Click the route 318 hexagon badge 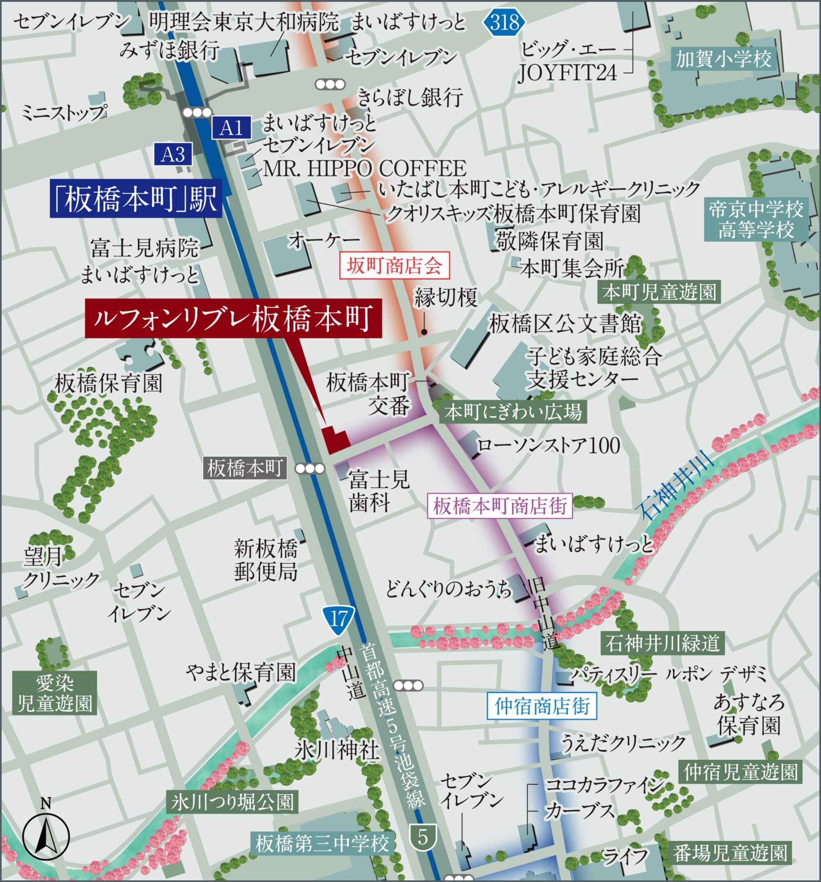pos(505,22)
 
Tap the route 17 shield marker pos(338,619)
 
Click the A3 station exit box pos(173,154)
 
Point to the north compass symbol pos(46,837)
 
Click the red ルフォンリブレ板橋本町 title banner pos(233,319)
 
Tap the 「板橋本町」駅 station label pos(135,198)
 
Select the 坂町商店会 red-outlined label pos(394,266)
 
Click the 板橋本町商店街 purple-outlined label pos(500,506)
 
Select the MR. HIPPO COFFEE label pos(365,169)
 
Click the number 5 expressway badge pos(422,837)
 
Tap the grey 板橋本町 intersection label pos(245,468)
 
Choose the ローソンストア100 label pos(548,446)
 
